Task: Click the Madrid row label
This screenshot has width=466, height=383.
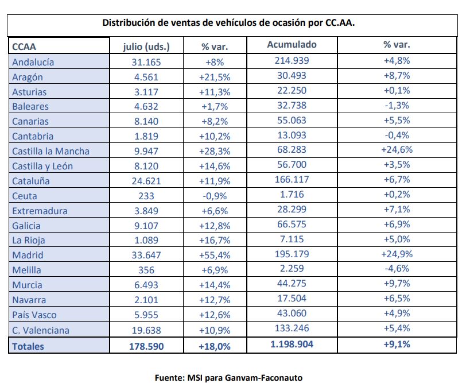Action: pos(28,255)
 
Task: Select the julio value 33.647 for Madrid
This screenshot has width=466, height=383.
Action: pos(146,255)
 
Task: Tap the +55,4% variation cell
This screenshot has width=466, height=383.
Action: pos(215,255)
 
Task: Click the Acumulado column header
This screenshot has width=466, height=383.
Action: pos(292,44)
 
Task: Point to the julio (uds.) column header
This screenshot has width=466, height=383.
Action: pos(146,47)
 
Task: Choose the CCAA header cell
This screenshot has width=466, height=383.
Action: pos(24,47)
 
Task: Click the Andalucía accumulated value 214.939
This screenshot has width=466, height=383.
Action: pos(292,60)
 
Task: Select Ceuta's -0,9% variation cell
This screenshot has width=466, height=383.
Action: pos(215,196)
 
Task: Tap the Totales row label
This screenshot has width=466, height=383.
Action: pos(28,346)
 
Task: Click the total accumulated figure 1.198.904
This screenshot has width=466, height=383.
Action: pos(292,345)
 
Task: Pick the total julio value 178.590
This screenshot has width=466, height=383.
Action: pos(146,346)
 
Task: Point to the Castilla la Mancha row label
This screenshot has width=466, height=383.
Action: pos(51,151)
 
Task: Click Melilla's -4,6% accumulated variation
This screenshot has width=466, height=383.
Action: pos(397,269)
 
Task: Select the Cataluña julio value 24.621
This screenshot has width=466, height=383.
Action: pos(146,181)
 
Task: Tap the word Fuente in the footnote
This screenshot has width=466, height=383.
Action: pos(169,378)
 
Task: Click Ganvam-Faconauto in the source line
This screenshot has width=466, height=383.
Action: pos(263,378)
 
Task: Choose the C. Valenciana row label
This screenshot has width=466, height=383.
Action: pos(41,330)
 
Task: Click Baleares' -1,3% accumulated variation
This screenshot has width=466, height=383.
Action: pos(397,105)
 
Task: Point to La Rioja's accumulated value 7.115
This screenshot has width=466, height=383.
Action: pos(292,239)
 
